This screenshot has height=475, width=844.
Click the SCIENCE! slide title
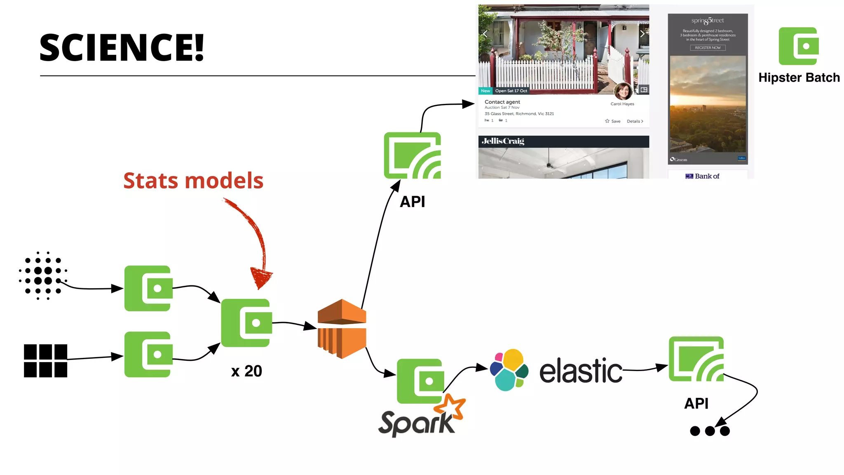122,48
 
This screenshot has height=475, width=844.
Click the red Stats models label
193,181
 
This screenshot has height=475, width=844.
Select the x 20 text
246,371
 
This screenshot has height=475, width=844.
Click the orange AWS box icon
342,329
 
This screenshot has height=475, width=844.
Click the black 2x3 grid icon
45,361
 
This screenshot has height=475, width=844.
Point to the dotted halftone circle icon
43,275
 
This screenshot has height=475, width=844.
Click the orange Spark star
450,407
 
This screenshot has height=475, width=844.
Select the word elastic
580,371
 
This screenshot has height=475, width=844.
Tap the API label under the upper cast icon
412,202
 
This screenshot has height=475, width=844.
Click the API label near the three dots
696,403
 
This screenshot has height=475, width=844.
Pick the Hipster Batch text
799,78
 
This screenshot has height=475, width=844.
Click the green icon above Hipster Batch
798,46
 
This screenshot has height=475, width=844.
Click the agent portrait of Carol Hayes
623,91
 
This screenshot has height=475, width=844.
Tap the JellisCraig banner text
503,141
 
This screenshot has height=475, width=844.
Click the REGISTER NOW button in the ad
708,48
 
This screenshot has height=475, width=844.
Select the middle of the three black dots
710,431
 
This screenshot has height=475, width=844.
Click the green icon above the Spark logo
420,381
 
